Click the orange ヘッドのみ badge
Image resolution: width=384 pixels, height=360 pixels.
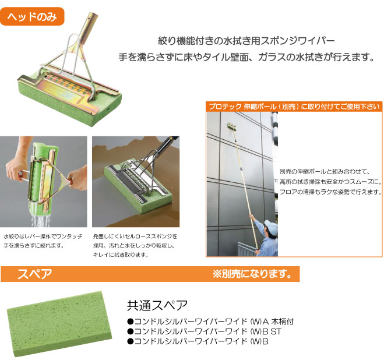32,16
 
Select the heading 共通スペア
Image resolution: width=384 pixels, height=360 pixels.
157,305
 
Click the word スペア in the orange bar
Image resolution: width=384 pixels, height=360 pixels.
34,274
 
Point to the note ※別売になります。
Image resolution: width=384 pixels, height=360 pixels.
252,274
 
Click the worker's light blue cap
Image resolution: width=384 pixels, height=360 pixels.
272,226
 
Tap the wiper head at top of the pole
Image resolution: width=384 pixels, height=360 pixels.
232,126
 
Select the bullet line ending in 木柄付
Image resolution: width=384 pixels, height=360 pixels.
210,322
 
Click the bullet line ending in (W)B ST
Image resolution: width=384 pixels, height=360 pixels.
205,331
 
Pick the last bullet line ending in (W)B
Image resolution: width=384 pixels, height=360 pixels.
198,341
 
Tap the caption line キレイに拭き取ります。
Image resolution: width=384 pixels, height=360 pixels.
121,255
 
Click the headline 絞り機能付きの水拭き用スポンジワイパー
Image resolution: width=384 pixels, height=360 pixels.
246,41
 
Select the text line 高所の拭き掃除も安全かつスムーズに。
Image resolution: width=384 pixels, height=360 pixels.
330,182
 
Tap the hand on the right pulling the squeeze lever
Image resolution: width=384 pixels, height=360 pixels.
77,178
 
